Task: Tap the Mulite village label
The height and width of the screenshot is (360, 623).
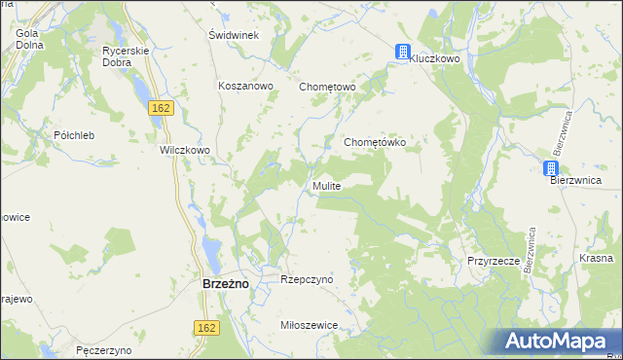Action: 326,185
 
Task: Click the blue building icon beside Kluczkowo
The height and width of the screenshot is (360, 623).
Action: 402,53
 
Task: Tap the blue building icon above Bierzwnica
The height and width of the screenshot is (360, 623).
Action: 552,168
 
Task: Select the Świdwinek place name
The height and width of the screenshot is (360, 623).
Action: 233,35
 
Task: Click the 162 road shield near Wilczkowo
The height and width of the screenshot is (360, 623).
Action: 162,107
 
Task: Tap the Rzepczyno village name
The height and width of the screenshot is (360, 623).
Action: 307,279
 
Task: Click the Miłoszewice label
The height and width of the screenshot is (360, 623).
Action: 308,325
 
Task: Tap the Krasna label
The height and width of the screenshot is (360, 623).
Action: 595,258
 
